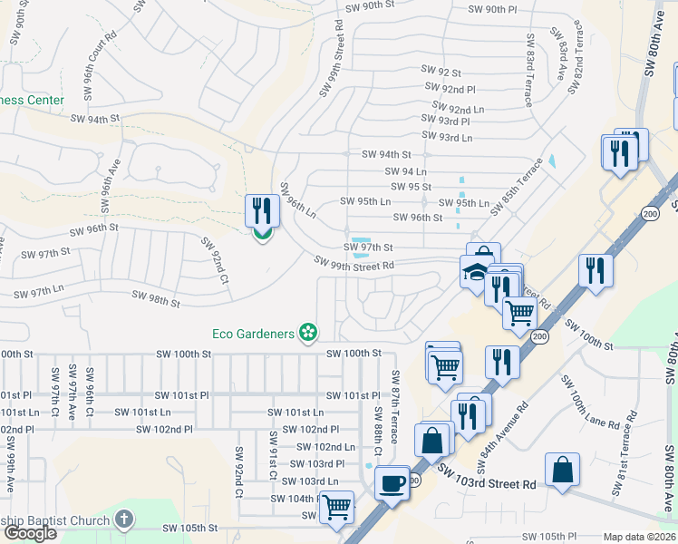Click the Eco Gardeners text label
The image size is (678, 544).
point(253,333)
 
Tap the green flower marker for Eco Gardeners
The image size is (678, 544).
point(308,333)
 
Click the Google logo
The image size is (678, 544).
point(30,533)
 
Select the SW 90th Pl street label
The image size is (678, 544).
point(493,9)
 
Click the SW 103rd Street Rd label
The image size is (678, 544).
point(486,484)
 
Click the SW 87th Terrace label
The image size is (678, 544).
point(395,405)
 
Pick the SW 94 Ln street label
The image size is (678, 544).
point(406,170)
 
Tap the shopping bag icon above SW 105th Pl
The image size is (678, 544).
point(562,470)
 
